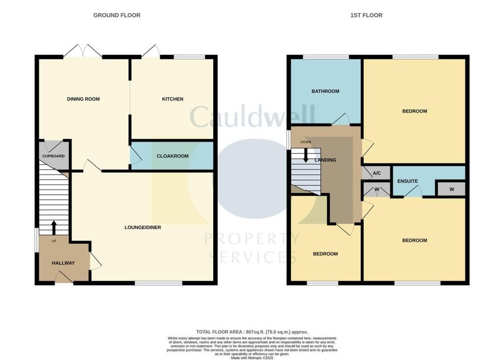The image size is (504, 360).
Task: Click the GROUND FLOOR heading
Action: [117, 15]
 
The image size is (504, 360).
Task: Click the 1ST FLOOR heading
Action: [366, 15]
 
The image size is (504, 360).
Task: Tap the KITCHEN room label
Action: [172, 99]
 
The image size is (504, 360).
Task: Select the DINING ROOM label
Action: [83, 99]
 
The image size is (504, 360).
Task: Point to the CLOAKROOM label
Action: [172, 156]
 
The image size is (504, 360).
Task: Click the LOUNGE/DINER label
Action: [143, 228]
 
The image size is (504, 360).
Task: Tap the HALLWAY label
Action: [63, 263]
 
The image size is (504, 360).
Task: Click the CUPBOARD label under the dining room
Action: [53, 156]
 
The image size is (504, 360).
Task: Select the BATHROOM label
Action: [325, 91]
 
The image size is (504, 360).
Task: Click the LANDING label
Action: [326, 160]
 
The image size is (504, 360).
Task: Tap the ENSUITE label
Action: [408, 181]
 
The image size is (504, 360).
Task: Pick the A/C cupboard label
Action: [377, 173]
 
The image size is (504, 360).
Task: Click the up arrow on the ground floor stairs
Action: [54, 227]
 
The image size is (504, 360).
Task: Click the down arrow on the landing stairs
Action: [306, 156]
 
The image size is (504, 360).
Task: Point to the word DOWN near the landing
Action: [306, 142]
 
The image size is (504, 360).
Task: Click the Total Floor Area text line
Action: [252, 332]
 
